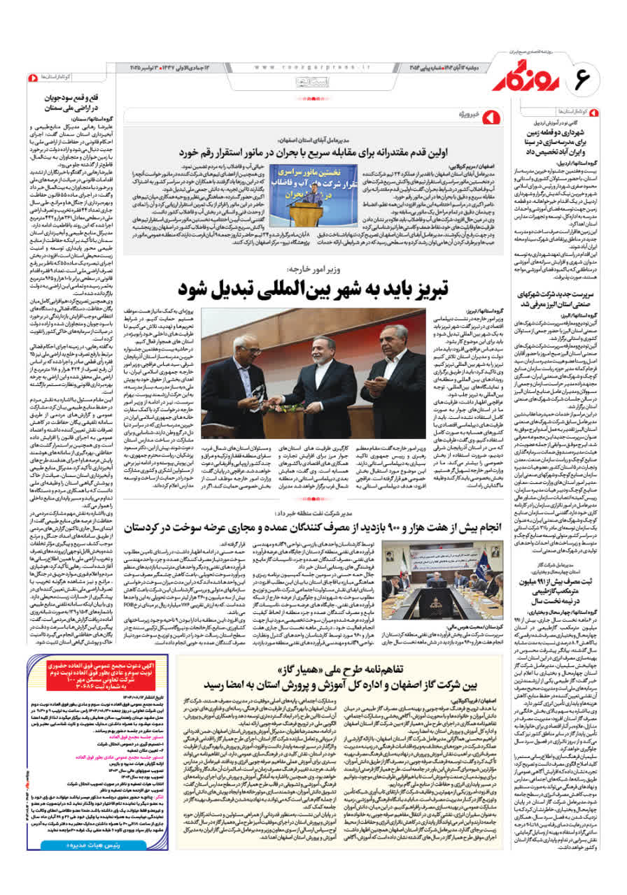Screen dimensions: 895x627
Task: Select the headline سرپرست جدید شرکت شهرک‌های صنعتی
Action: (565, 300)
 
